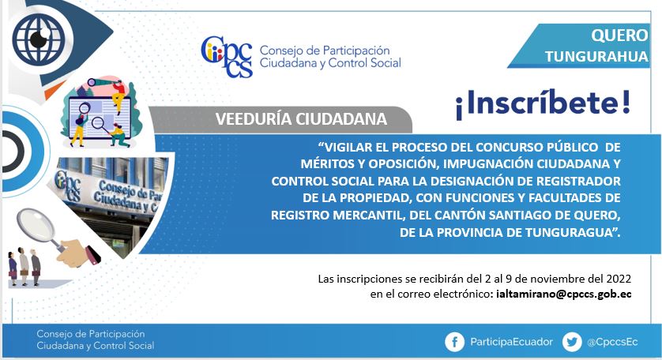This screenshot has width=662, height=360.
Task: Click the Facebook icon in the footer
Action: point(454,342)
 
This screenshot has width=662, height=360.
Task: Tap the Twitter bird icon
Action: point(572,342)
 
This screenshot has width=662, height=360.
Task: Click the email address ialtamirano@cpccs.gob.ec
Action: point(564,294)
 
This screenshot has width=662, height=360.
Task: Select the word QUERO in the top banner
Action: point(619,35)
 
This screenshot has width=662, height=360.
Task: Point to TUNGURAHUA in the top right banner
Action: point(596,57)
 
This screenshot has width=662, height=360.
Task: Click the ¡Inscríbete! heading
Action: point(543,104)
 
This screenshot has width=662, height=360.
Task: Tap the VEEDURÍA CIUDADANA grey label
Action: point(301,119)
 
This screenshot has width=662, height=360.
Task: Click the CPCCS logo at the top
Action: point(227,57)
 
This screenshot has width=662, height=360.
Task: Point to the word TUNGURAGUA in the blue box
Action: point(570,233)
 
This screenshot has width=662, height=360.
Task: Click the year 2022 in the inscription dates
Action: point(619,279)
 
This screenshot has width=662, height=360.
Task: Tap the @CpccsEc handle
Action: point(612,342)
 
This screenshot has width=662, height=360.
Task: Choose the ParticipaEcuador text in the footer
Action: point(511,342)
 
